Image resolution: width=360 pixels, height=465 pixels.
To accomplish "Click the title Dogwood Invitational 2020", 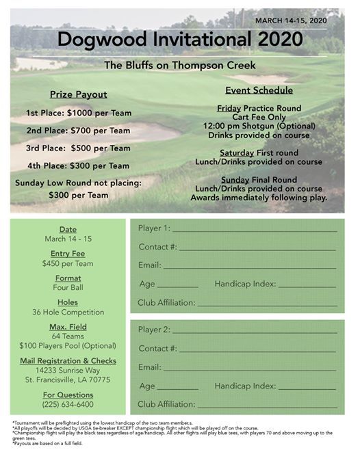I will (x=181, y=39).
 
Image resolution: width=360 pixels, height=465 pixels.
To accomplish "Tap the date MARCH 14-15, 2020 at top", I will (x=290, y=21).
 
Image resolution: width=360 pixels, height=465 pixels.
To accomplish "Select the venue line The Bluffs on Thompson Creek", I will (x=180, y=66).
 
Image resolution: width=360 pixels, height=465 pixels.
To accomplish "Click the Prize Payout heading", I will (x=78, y=94).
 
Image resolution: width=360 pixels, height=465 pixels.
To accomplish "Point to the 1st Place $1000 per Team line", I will (x=78, y=112).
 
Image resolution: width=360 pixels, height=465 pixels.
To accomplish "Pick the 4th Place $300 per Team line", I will (x=78, y=165).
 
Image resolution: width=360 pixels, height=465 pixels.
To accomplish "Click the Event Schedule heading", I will (x=259, y=90).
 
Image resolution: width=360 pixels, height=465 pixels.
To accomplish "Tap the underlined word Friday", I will (x=229, y=108).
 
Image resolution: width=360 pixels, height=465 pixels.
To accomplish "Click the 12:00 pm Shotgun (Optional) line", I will (x=259, y=126).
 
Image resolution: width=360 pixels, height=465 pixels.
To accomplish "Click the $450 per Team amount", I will (x=68, y=263).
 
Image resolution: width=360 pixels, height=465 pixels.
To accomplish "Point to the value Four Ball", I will (x=68, y=288).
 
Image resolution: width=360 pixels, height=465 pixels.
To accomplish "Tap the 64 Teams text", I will (x=68, y=336).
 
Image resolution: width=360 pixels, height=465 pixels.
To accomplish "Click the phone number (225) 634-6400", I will (x=68, y=404).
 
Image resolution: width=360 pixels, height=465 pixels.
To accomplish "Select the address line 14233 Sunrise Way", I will (x=68, y=370).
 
